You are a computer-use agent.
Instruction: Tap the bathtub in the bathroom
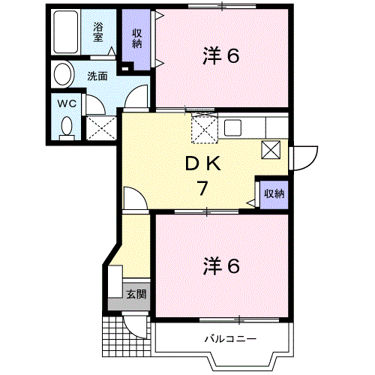[70, 31]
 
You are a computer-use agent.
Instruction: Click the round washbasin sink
[64, 74]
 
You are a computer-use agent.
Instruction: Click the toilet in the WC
[67, 128]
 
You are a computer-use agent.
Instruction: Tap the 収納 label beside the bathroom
[137, 37]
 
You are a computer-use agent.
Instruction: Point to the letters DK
[202, 164]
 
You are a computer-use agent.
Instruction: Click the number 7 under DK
[202, 187]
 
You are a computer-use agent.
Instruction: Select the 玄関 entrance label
[136, 293]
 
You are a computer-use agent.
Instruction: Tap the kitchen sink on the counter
[231, 126]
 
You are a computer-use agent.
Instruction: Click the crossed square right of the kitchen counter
[271, 149]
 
